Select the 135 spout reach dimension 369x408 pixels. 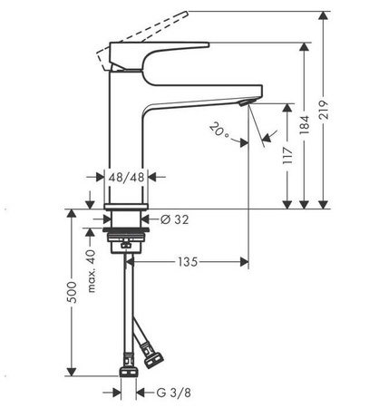188,263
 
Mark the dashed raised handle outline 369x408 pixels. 150,27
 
